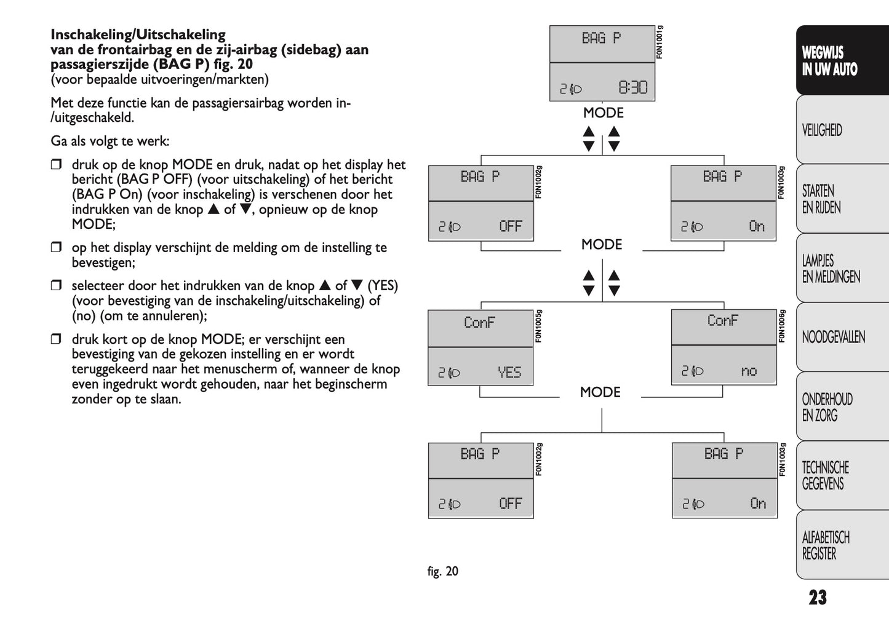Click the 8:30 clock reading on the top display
632,88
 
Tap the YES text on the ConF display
509,372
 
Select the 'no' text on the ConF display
749,371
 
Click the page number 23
818,597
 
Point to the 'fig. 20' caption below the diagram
443,571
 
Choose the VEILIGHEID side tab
822,130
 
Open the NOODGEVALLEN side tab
833,337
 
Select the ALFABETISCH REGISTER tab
826,545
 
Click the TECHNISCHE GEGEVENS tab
825,475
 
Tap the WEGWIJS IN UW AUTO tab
829,61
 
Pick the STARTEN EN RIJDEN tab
821,199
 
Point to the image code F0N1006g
781,326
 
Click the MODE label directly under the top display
603,113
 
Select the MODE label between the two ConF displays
600,392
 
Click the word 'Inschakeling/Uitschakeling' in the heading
138,34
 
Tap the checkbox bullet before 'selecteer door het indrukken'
57,285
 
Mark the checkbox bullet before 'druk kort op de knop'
57,339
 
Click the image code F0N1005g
538,326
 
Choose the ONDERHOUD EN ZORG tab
827,407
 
